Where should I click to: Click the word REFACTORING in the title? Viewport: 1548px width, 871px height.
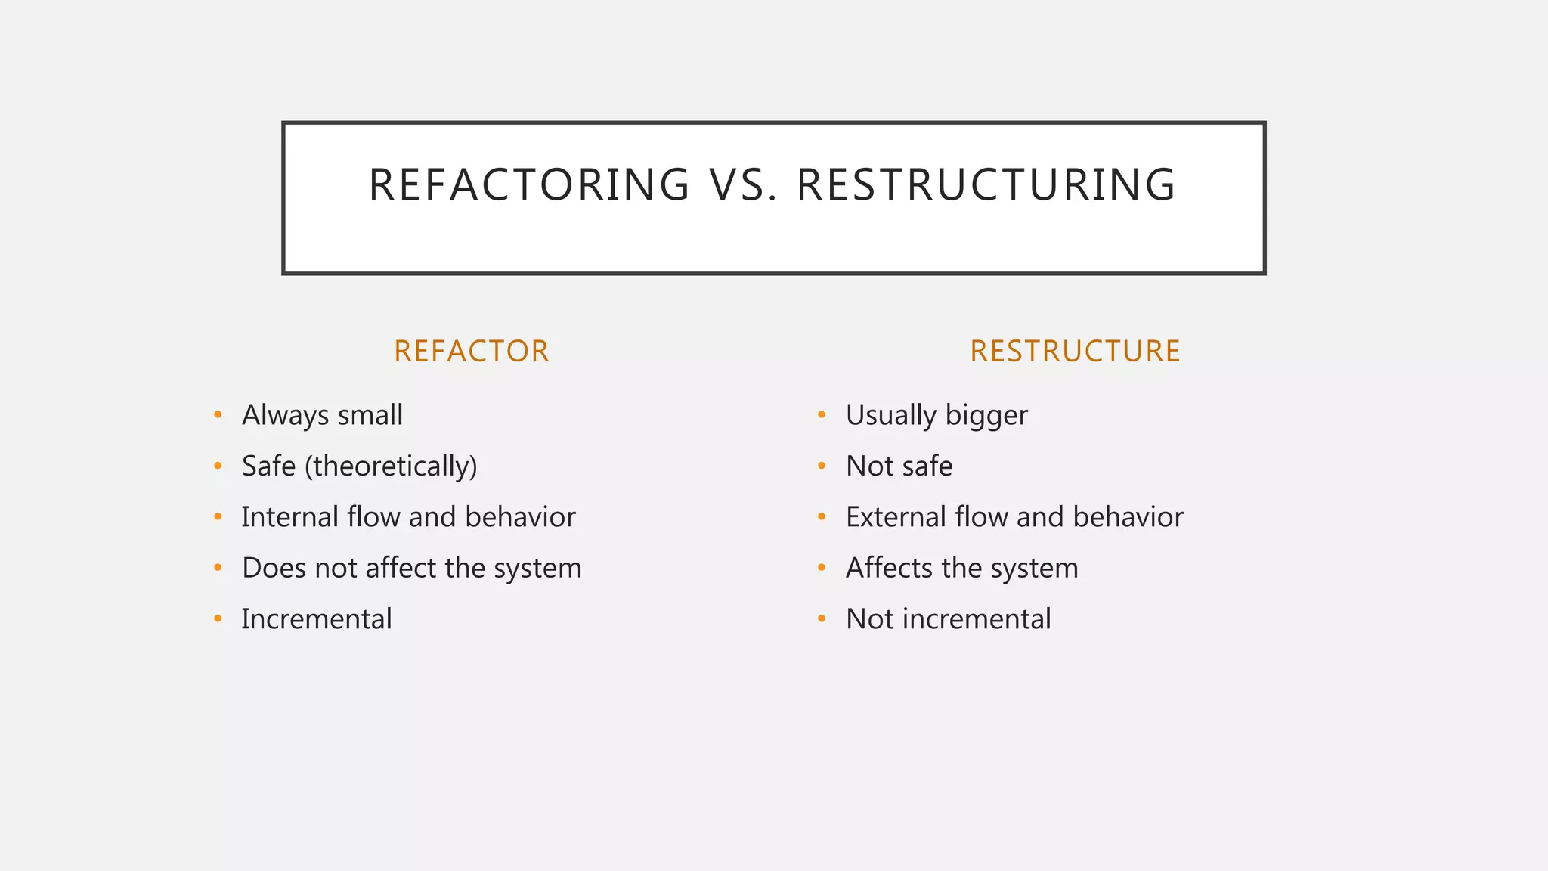click(x=529, y=184)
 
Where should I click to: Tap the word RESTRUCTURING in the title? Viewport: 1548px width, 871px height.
click(x=986, y=184)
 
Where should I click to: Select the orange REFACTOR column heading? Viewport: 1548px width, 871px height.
click(x=472, y=352)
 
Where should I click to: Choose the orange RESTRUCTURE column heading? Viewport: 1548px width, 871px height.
click(x=1075, y=352)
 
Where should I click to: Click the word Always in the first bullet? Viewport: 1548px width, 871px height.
click(x=285, y=415)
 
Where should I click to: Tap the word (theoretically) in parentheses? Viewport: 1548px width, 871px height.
click(x=391, y=466)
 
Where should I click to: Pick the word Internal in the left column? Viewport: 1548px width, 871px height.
click(x=289, y=517)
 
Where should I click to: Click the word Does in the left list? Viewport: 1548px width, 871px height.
click(x=274, y=568)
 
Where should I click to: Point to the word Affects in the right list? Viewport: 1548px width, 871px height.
click(x=889, y=568)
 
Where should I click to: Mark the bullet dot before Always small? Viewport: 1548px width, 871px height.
click(x=218, y=414)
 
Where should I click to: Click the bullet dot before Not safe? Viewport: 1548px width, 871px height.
click(x=822, y=466)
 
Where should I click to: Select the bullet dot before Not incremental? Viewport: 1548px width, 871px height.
click(x=822, y=618)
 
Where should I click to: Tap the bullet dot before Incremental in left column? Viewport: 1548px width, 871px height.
click(x=218, y=618)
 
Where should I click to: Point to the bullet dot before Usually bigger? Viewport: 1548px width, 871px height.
click(x=822, y=414)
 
